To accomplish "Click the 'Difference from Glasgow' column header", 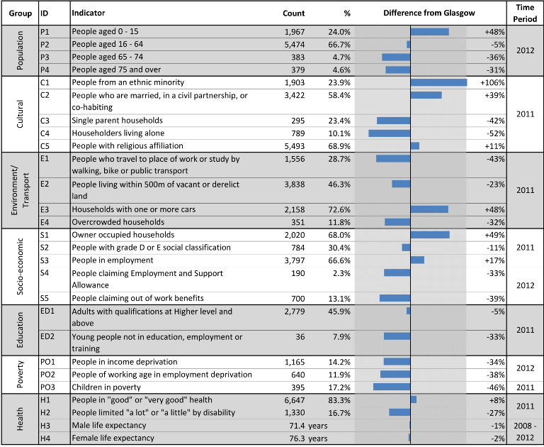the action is point(429,13).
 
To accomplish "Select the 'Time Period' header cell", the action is point(525,13).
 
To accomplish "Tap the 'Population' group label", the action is point(20,50).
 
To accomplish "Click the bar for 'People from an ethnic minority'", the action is point(438,82).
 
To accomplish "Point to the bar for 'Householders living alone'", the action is point(390,133).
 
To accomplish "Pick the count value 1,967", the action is point(295,32).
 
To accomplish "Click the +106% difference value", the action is point(492,83).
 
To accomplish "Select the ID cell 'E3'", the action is point(45,209).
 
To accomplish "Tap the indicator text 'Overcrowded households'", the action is point(118,222).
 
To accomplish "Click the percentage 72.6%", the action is point(339,209).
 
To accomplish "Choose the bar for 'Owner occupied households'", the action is point(430,235).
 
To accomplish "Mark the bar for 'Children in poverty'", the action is point(392,387).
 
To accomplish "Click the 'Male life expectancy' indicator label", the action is point(109,426).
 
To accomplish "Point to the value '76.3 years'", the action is point(308,438).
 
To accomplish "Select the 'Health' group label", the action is point(20,419).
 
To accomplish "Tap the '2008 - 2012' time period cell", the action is point(525,431).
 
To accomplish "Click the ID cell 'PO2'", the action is point(47,375).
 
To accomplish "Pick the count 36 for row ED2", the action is point(300,337).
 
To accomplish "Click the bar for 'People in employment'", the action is point(417,260).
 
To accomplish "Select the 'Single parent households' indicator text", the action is point(118,121).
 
